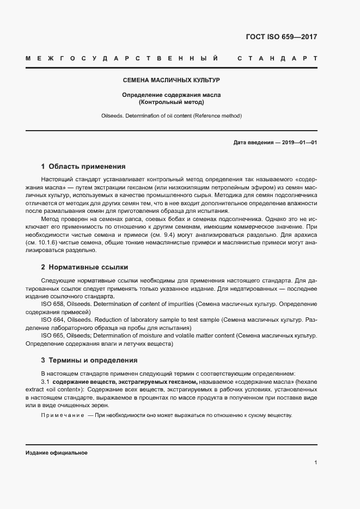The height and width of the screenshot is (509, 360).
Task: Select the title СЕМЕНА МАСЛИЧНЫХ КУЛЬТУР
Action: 171,80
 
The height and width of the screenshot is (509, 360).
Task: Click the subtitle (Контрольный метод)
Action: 171,102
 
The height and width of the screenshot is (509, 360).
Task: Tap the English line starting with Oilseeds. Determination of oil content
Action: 171,116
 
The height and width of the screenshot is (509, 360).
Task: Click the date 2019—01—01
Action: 299,143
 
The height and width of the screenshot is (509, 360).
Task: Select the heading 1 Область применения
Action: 83,167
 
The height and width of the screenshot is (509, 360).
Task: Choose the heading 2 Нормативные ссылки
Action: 84,267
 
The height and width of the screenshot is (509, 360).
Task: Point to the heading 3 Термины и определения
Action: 89,360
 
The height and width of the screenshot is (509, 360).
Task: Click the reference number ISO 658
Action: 52,304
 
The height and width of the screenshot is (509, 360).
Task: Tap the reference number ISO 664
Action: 52,320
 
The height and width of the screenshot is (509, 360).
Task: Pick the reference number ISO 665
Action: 52,336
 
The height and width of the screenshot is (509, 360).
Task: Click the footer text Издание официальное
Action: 56,453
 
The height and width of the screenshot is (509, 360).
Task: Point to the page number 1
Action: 316,463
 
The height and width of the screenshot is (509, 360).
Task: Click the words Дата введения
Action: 253,143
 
